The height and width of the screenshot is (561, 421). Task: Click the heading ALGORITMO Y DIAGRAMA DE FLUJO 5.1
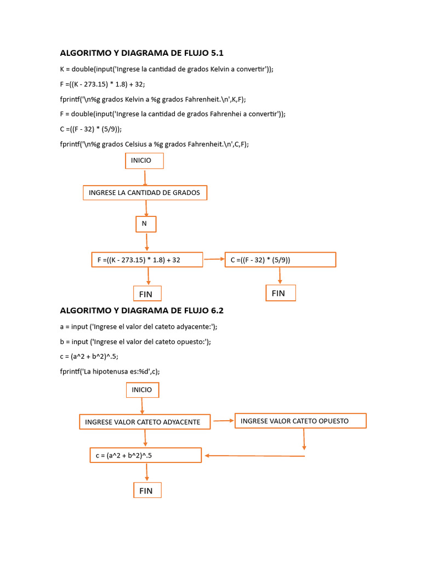click(141, 53)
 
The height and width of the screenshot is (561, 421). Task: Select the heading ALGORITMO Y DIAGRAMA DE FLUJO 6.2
click(141, 311)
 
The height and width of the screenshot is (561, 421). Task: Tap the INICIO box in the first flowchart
click(144, 161)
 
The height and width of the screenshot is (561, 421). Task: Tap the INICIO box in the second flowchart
click(143, 390)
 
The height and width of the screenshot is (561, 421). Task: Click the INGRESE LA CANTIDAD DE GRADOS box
click(145, 193)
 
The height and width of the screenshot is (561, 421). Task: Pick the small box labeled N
click(146, 224)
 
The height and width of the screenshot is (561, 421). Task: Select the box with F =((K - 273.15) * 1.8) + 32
click(147, 260)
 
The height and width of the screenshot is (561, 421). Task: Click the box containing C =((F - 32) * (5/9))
click(280, 260)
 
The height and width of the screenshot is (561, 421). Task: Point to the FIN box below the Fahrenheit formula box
click(147, 294)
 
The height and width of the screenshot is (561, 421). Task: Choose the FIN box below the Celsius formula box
click(281, 293)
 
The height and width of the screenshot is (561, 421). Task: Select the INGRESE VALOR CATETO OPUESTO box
click(300, 421)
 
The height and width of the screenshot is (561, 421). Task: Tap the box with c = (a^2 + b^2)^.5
click(145, 455)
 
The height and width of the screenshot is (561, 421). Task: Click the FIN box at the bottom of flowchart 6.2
click(147, 490)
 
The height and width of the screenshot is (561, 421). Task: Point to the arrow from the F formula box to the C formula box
click(214, 259)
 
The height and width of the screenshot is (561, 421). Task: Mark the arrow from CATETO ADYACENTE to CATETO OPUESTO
click(223, 421)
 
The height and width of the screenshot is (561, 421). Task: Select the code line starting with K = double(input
click(166, 69)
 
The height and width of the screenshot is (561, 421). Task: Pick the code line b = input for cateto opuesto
click(135, 341)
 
